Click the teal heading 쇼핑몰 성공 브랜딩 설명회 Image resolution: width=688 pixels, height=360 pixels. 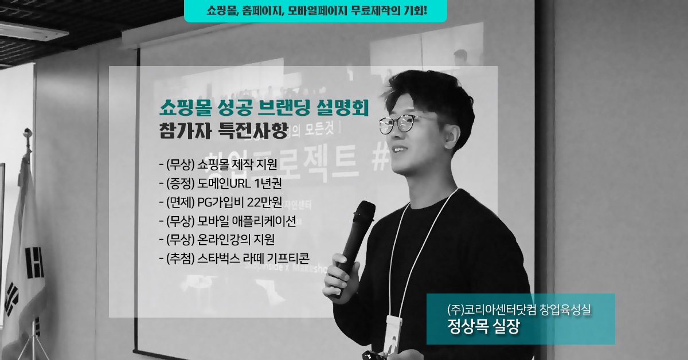click(x=264, y=108)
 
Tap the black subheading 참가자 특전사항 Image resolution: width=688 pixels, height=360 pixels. click(x=224, y=131)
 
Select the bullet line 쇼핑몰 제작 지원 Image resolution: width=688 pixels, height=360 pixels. click(x=218, y=165)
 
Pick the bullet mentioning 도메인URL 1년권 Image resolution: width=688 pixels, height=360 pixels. click(x=221, y=183)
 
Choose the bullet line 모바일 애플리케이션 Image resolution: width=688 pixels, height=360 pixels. click(x=228, y=221)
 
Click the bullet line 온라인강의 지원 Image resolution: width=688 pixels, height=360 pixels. click(x=217, y=240)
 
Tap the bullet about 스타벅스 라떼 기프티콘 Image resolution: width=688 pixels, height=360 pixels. click(x=234, y=259)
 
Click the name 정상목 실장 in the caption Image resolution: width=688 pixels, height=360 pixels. click(x=483, y=326)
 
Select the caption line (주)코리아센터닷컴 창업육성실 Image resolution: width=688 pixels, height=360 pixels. click(x=519, y=310)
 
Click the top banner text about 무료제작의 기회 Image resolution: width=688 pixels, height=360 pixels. click(x=316, y=10)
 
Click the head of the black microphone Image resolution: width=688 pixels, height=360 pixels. click(x=364, y=212)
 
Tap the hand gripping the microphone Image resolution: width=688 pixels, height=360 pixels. click(x=341, y=276)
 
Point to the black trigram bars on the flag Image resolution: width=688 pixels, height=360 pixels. click(x=34, y=263)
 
